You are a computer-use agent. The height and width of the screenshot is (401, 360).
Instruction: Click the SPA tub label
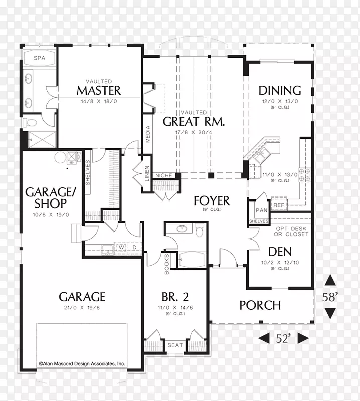coord(40,58)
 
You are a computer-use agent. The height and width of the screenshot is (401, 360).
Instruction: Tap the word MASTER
coord(99,91)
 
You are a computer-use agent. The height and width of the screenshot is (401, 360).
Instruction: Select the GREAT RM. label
coord(194,121)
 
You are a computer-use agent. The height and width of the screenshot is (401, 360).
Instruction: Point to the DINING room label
coord(280,91)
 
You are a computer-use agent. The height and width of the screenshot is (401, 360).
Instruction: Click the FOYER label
coord(212,201)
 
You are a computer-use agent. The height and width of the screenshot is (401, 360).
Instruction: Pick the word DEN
coord(280,252)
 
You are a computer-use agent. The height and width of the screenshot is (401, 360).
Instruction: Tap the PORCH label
coord(260,305)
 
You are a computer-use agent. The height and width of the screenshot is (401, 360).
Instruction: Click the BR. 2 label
coord(175,297)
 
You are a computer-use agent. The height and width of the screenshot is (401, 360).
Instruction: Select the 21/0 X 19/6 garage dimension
coord(82,308)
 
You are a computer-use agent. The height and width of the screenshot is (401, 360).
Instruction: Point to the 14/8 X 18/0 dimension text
coord(99,102)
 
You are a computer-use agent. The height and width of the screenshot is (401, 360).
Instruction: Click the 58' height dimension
coord(330,297)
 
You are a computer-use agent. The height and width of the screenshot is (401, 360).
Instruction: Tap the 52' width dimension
coord(283,339)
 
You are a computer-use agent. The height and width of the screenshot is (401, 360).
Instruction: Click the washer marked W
coord(122,247)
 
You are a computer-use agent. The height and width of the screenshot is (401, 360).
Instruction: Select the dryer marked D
coord(134,247)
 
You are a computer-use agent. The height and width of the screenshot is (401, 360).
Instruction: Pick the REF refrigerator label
coord(279,205)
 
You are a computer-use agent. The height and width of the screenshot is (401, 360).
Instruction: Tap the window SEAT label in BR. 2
coord(175,345)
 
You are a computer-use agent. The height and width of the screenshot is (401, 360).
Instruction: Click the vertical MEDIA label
coord(148,134)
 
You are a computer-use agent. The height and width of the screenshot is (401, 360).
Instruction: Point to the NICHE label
coord(164,176)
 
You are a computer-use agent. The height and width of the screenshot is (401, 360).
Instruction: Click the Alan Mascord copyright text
coord(82,364)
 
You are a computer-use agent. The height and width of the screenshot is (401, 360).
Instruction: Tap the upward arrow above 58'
coord(330,280)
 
